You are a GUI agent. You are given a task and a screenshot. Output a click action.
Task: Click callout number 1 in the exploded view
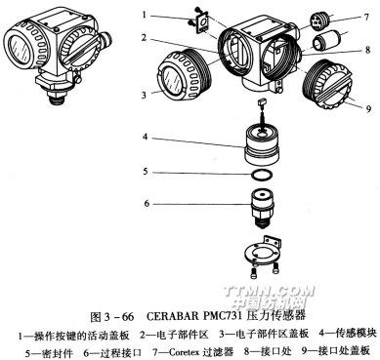[145, 15]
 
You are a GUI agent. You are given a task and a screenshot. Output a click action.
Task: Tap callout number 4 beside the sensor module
[145, 138]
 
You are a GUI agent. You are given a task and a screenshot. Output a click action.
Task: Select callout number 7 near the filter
[366, 17]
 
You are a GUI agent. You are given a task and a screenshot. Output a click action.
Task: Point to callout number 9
[368, 108]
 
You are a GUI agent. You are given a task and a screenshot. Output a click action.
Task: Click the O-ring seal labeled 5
[262, 176]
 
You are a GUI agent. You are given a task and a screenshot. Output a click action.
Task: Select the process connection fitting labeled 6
[262, 208]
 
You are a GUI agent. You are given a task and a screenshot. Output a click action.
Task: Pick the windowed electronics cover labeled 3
[178, 77]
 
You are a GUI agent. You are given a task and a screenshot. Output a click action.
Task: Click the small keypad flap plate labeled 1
[203, 24]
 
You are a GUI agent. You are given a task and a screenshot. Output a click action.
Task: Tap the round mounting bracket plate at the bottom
[263, 253]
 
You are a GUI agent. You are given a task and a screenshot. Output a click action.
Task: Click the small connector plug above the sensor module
[262, 103]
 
